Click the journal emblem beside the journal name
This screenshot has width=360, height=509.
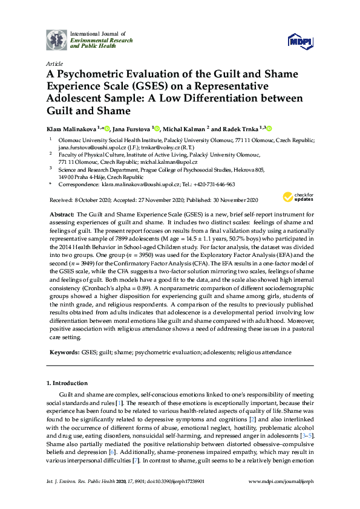[57, 39]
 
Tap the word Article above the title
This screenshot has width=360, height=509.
[54, 63]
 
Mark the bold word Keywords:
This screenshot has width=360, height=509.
[63, 352]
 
